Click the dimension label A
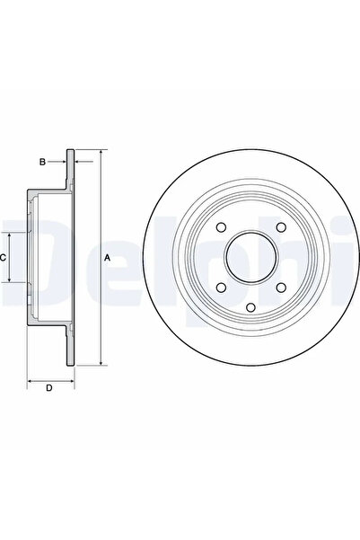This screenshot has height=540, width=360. point(108,258)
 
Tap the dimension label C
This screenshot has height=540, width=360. point(4,258)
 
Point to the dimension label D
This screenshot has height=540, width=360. point(48,387)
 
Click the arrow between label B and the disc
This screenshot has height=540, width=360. point(61,162)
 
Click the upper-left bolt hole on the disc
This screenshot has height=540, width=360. point(220,228)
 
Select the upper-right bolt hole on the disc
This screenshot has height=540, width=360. point(281,228)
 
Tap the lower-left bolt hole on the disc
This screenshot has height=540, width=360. point(220,287)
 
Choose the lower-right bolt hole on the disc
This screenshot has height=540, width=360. point(281,287)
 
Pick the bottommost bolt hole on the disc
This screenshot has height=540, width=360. point(250,311)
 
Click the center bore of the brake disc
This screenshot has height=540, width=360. point(250,259)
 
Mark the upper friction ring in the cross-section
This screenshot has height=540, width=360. point(70,171)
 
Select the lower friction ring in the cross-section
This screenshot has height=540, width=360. point(70,346)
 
